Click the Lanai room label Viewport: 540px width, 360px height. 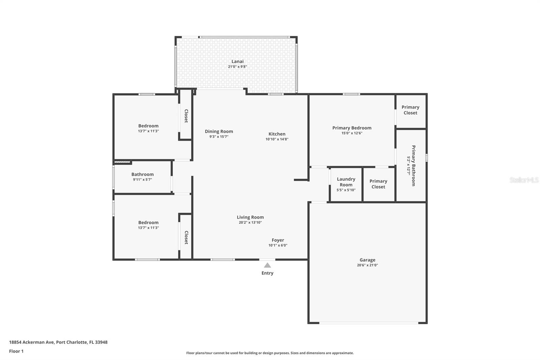pyautogui.click(x=237, y=61)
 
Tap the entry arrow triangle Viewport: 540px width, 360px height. pyautogui.click(x=267, y=265)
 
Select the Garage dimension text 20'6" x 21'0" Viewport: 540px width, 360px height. pyautogui.click(x=367, y=265)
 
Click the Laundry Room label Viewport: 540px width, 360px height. pyautogui.click(x=346, y=182)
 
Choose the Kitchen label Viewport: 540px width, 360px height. pyautogui.click(x=277, y=134)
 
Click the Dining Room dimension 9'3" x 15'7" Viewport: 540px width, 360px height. pyautogui.click(x=219, y=137)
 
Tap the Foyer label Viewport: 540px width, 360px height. pyautogui.click(x=278, y=240)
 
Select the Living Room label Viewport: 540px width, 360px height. pyautogui.click(x=250, y=217)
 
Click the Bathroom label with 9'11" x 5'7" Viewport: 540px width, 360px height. pyautogui.click(x=142, y=175)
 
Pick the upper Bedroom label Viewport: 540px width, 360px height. pyautogui.click(x=148, y=126)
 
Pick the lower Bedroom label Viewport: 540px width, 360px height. pyautogui.click(x=148, y=223)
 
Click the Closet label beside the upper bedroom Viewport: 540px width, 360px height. pyautogui.click(x=186, y=116)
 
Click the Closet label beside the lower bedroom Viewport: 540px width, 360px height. pyautogui.click(x=186, y=237)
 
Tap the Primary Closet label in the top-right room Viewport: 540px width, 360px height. pyautogui.click(x=410, y=110)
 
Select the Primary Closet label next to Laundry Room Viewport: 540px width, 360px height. pyautogui.click(x=378, y=184)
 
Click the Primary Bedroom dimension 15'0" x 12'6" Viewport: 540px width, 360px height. pyautogui.click(x=352, y=133)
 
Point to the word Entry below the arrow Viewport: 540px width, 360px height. pyautogui.click(x=267, y=273)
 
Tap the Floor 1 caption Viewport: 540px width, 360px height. pyautogui.click(x=16, y=351)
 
